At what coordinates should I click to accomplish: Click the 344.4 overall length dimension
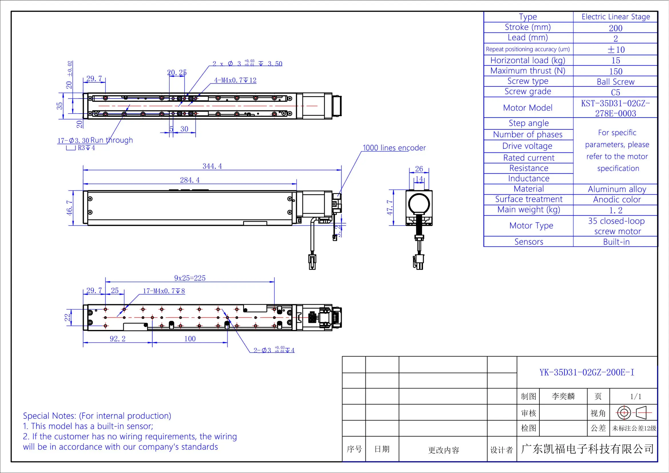tap(212, 166)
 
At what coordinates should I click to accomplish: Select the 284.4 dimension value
tap(190, 180)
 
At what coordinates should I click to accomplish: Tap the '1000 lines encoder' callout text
tap(394, 148)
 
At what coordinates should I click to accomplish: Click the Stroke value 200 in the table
tap(616, 28)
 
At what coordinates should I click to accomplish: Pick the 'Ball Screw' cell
tap(616, 82)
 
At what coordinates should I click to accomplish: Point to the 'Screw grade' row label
tap(528, 92)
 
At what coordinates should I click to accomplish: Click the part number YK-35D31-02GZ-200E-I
tap(587, 373)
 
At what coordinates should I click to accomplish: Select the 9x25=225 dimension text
tap(190, 278)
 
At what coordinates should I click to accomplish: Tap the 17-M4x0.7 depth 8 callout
tap(164, 291)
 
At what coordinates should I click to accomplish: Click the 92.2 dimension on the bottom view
tap(118, 339)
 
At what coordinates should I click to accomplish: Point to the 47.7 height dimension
tap(390, 207)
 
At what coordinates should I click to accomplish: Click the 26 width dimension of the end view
tap(419, 169)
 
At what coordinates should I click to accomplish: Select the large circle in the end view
tap(419, 203)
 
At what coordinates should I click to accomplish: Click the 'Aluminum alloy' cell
tap(617, 189)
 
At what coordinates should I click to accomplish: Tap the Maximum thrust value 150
tap(616, 72)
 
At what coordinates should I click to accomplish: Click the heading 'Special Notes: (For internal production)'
tap(97, 415)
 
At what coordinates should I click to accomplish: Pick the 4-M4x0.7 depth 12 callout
tap(235, 80)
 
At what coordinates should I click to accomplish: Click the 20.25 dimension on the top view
tap(176, 72)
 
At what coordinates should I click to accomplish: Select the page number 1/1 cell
tap(636, 396)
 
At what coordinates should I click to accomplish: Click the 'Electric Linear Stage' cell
tap(616, 17)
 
